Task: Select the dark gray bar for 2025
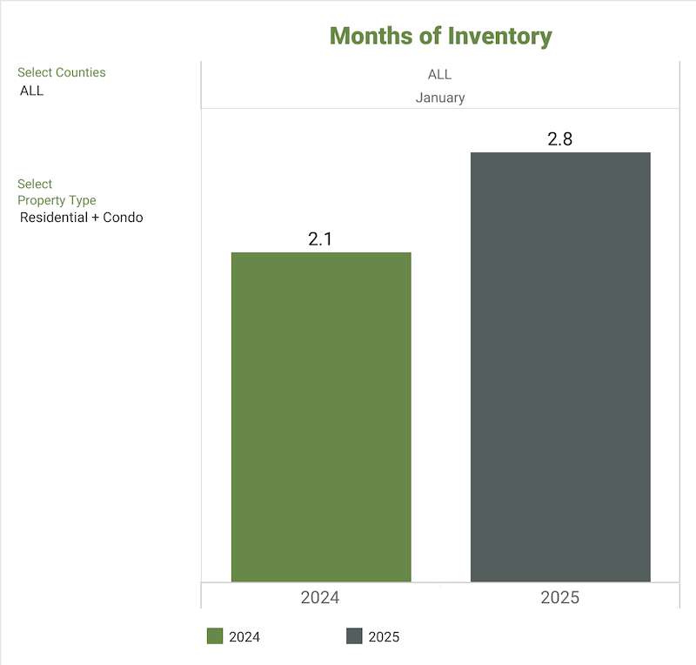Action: [x=560, y=366]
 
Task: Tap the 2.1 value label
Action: [x=320, y=238]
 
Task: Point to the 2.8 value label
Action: [x=559, y=139]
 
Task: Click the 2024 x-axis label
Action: [x=320, y=598]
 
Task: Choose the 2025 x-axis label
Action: [x=559, y=598]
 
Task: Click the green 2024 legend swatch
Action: [x=215, y=636]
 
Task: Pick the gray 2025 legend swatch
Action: [x=354, y=636]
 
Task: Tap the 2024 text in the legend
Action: [x=244, y=637]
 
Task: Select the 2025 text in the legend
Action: [x=384, y=637]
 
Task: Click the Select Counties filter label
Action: [x=61, y=73]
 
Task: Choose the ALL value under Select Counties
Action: [x=31, y=91]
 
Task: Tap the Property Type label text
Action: [x=57, y=200]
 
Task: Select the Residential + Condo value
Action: [x=81, y=218]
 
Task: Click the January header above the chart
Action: [x=440, y=97]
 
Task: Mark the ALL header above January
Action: [x=440, y=75]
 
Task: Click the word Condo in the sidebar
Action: [x=123, y=218]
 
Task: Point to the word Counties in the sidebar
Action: [x=80, y=73]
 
